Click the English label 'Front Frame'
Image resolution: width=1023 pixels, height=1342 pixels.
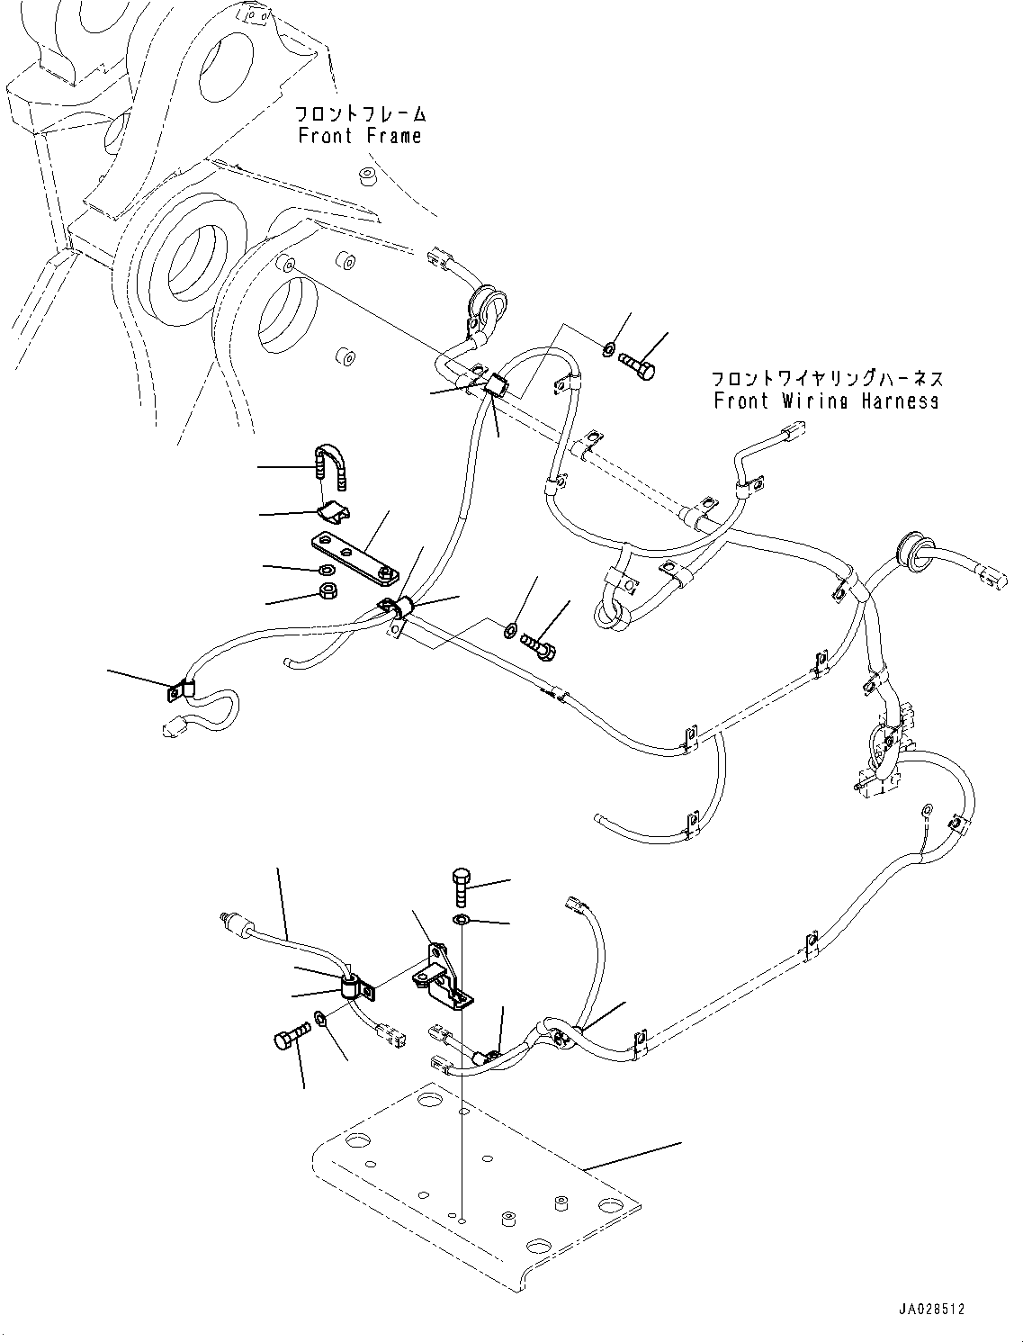point(359,136)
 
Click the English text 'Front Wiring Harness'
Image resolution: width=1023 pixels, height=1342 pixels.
point(826,401)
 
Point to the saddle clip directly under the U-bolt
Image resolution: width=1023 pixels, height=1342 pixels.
point(332,514)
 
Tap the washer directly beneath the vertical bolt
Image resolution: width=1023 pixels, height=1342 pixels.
point(461,919)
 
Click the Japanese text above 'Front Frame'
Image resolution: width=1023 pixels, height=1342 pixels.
point(361,114)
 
